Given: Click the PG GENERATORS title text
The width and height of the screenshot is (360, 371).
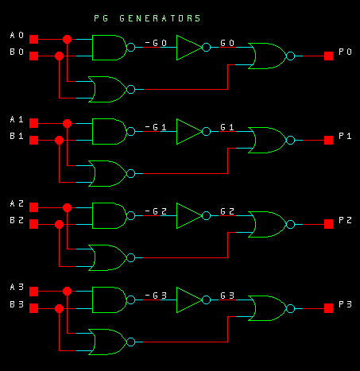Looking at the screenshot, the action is (147, 18).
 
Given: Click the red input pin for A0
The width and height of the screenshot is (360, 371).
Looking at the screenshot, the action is (33, 39).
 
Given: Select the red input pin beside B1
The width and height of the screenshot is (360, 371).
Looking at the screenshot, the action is (33, 140).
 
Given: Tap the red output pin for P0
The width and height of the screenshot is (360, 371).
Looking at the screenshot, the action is (328, 56).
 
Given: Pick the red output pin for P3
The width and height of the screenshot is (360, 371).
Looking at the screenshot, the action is (328, 308).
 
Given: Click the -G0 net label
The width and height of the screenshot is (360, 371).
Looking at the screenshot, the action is (156, 43).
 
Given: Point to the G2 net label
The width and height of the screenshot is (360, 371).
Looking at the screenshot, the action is (227, 211).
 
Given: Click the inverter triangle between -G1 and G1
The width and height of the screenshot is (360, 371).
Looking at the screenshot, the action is (189, 132).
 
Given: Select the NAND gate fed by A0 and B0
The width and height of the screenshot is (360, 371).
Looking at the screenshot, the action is (110, 48).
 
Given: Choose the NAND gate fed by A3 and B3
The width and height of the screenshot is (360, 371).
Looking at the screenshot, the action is (110, 300).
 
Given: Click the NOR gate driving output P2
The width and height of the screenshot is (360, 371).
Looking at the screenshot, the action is (268, 224).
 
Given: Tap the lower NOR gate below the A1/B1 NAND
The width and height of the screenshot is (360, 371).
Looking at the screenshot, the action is (107, 173).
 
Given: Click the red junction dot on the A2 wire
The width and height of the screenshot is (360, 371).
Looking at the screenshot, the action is (67, 207).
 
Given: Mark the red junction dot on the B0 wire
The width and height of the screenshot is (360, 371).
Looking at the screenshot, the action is (59, 56).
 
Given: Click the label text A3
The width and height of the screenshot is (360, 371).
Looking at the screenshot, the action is (17, 287).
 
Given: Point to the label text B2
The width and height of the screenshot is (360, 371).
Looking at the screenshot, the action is (17, 220).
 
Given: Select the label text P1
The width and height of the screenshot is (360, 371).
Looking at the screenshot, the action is (345, 136).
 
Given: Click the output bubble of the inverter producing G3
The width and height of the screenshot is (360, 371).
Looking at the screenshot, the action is (206, 300).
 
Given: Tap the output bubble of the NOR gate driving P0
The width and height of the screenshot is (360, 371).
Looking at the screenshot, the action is (291, 56).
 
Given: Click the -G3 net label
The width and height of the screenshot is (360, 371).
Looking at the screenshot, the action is (156, 296).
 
